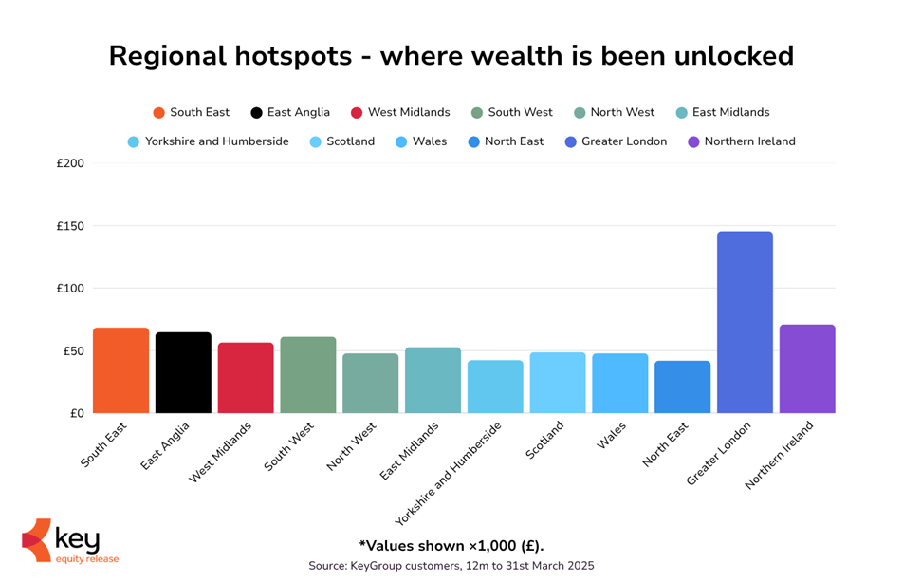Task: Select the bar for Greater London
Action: tap(745, 323)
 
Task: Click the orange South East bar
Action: tap(120, 370)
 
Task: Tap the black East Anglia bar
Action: tap(183, 372)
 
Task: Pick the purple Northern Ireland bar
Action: tap(807, 369)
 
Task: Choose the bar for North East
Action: tap(682, 386)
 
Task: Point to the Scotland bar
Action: tap(558, 383)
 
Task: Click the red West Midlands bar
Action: tap(246, 378)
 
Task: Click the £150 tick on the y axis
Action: tap(71, 226)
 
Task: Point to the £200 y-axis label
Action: tap(71, 163)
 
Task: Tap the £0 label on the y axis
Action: tap(76, 413)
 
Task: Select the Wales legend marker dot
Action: tap(400, 141)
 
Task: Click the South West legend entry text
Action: tap(520, 112)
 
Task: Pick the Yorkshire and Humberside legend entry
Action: tap(216, 141)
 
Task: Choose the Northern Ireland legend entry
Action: tap(749, 141)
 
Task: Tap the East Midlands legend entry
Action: tap(730, 112)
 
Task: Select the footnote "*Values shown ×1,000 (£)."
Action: tap(451, 545)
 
